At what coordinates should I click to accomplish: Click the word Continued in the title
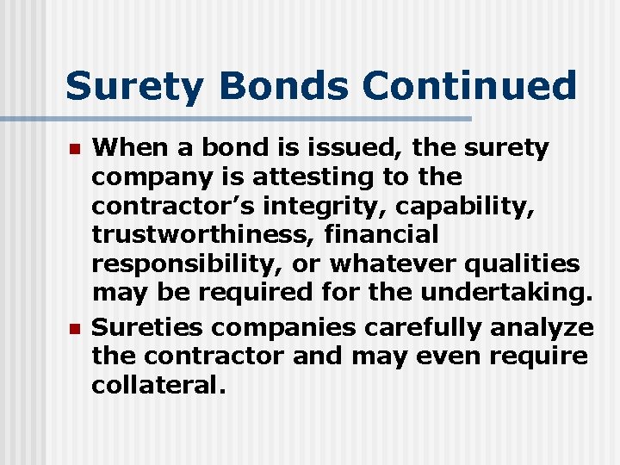point(469,87)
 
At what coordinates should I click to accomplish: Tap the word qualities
point(529,263)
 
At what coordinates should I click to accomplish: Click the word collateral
point(159,385)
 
